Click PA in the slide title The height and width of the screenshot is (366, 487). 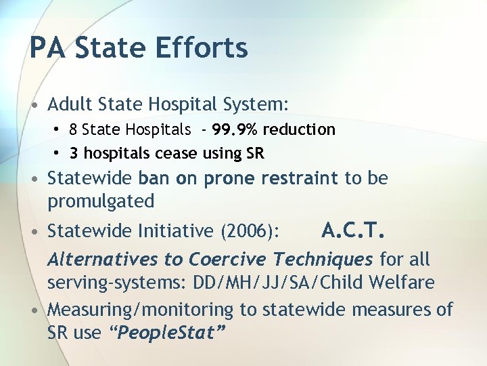[x=48, y=48]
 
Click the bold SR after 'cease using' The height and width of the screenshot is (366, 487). [x=254, y=154]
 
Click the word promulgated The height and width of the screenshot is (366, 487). [x=101, y=201]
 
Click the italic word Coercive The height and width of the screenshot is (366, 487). [x=228, y=260]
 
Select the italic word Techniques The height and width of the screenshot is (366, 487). [x=323, y=260]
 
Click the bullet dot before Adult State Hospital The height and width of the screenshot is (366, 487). [x=34, y=106]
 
